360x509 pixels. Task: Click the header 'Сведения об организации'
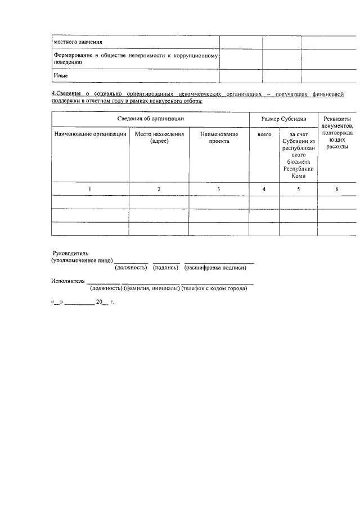(x=150, y=119)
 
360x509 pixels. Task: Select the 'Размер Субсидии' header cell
(x=283, y=119)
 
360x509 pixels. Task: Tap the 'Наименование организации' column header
(x=90, y=134)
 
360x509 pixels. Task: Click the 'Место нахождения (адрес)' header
(x=159, y=138)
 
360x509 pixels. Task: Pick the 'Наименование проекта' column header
(x=219, y=138)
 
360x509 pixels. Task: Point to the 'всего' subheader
(x=264, y=134)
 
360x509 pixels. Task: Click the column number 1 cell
(x=90, y=189)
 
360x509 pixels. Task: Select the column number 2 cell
(x=159, y=189)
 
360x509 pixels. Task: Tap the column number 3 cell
(x=219, y=189)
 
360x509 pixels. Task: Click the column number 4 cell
(x=264, y=189)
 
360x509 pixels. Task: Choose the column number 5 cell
(x=298, y=189)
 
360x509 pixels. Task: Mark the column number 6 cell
(x=337, y=189)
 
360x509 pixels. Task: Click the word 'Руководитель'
(x=70, y=254)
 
